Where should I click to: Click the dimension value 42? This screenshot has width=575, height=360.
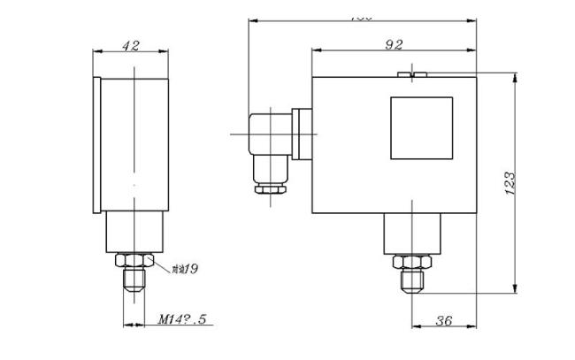(x=130, y=45)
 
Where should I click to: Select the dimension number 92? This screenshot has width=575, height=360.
(x=395, y=43)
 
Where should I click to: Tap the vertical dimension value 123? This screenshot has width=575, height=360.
(x=510, y=184)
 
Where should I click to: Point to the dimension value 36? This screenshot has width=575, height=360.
(x=444, y=321)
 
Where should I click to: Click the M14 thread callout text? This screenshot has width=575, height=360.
(x=181, y=319)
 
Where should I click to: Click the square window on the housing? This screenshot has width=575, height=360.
(x=421, y=128)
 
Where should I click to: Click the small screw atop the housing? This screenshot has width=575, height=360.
(x=413, y=74)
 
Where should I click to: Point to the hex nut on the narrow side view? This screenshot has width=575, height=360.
(x=134, y=261)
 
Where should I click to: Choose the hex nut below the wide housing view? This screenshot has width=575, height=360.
(x=411, y=263)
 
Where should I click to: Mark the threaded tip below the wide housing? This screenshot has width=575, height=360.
(x=411, y=283)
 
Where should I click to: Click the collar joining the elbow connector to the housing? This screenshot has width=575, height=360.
(x=303, y=134)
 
